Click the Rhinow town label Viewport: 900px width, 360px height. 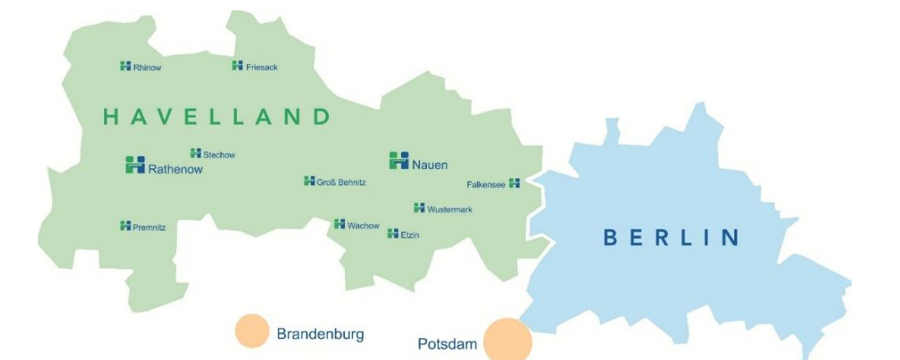[x=148, y=68]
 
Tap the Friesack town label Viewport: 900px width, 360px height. [x=262, y=67]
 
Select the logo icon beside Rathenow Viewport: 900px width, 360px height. [x=135, y=164]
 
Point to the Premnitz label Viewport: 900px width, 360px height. [x=149, y=227]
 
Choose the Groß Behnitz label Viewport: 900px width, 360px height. [x=341, y=182]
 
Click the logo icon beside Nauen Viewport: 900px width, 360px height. [x=399, y=160]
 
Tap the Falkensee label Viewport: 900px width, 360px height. [x=486, y=184]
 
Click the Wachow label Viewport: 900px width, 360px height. [x=363, y=226]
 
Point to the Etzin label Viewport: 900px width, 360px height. [x=410, y=234]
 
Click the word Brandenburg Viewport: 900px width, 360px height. [x=320, y=334]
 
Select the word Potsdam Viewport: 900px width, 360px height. [x=447, y=345]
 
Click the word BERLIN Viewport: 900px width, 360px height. [x=671, y=237]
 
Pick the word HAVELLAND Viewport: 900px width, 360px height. [x=216, y=118]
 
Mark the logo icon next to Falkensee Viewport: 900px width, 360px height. [x=515, y=183]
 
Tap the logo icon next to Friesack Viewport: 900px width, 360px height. [x=237, y=66]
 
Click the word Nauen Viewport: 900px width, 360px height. [x=429, y=165]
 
